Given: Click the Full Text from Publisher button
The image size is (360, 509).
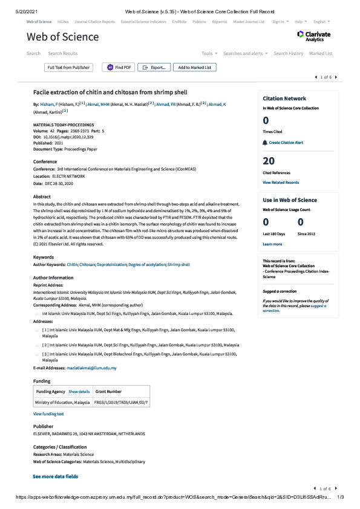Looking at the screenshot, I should pyautogui.click(x=68, y=68).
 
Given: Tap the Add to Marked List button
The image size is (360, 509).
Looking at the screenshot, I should pyautogui.click(x=194, y=68).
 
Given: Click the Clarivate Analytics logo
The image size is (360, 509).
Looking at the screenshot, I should pyautogui.click(x=313, y=36).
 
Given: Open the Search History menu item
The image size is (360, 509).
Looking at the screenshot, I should pyautogui.click(x=288, y=53).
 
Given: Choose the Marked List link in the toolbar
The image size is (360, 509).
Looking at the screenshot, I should pyautogui.click(x=321, y=53).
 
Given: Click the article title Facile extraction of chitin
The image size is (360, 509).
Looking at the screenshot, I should pyautogui.click(x=110, y=92).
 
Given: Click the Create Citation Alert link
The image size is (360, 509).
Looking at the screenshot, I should pyautogui.click(x=286, y=143).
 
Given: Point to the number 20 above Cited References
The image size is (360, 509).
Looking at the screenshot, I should pyautogui.click(x=269, y=161).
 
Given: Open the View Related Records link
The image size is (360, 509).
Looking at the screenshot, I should pyautogui.click(x=281, y=182).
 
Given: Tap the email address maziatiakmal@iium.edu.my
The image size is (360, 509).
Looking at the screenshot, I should pyautogui.click(x=91, y=368).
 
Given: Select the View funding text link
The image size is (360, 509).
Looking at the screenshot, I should pyautogui.click(x=48, y=413).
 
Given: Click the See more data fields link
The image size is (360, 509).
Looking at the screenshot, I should pyautogui.click(x=55, y=476).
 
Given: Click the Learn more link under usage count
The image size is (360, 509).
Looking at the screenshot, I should pyautogui.click(x=272, y=244).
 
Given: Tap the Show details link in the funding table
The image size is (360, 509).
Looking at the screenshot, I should pyautogui.click(x=79, y=392).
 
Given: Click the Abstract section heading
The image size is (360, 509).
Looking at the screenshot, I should pyautogui.click(x=42, y=196).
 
